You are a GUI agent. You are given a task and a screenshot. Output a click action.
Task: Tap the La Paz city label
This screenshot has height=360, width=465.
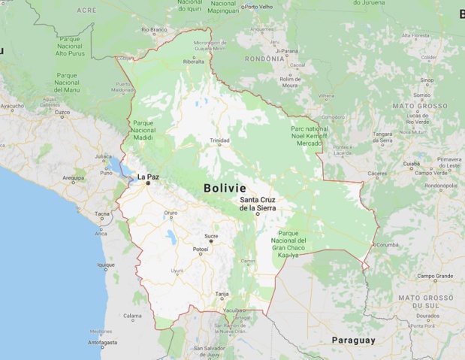coord(146,177)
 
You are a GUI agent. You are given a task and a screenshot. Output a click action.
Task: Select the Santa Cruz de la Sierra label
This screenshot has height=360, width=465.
coord(258,203)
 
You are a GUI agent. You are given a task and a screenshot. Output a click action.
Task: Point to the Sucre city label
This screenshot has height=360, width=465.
coord(211,236)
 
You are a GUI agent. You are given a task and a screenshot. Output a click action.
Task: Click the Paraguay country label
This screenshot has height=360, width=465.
coord(352,340)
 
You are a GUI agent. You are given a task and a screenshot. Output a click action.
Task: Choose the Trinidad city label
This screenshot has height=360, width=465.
coord(219,141)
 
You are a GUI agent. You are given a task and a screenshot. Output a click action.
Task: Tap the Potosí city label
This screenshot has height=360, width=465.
coord(201,249)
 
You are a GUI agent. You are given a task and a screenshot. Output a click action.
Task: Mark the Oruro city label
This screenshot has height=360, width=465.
coord(171,213)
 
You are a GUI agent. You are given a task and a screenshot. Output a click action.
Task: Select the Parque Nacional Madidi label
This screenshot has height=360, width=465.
coord(143,130)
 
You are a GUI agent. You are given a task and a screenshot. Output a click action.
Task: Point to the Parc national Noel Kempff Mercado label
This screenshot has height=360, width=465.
coord(309,136)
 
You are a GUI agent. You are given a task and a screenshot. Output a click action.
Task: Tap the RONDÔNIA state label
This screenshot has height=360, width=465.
coord(265,58)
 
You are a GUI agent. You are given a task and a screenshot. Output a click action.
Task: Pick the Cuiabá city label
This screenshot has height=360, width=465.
coord(411,163)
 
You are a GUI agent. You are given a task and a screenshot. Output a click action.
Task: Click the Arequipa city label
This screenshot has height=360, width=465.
coord(74,178)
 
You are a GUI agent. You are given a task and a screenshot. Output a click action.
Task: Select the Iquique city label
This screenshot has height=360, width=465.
coord(106,265)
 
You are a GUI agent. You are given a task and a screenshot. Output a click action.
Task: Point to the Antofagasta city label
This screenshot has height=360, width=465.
coord(103,343)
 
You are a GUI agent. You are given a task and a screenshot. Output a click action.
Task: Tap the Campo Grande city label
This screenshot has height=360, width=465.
coord(435,277)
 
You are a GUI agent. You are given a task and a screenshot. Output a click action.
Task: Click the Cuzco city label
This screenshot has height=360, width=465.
coord(62,113)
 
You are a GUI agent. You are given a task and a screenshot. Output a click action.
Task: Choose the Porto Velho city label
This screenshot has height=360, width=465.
coord(259,7)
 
